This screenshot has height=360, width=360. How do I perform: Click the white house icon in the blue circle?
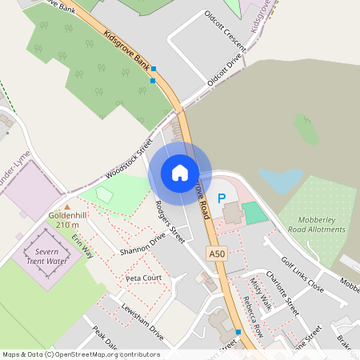(180, 172)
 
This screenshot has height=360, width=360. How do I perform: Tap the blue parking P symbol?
(222, 198)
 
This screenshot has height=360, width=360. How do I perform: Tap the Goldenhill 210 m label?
(67, 220)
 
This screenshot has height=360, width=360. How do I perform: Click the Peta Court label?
(144, 278)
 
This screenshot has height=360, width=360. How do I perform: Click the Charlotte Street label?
(282, 294)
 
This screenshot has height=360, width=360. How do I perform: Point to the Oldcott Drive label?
(224, 70)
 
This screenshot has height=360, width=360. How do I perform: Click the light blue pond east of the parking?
(281, 180)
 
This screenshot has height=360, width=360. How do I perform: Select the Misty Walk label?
(260, 294)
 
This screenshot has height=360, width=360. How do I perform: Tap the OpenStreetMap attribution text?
(81, 354)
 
